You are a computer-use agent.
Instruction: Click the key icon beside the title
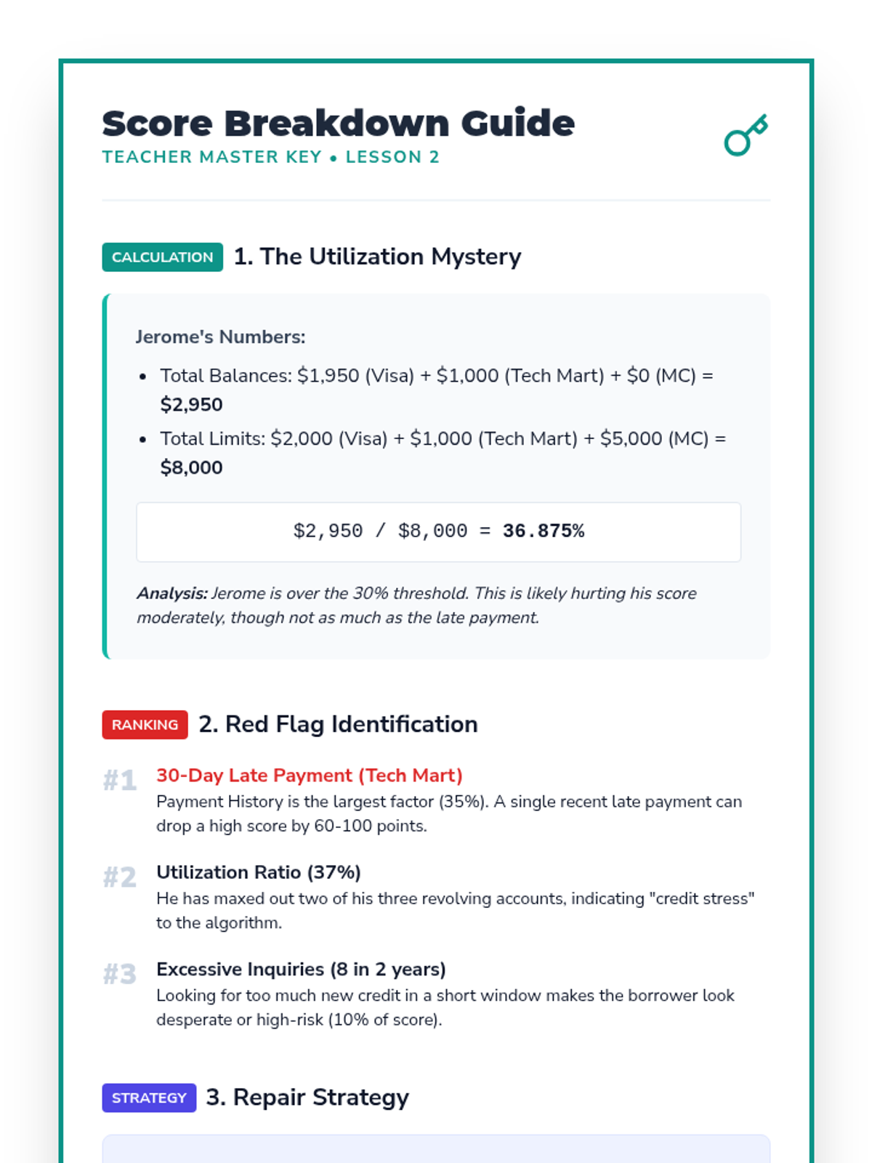click(746, 135)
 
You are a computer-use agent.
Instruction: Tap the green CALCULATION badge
click(162, 257)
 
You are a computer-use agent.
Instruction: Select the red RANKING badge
click(145, 725)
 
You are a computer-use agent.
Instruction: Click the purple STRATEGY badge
click(149, 1098)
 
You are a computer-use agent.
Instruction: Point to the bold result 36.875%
click(543, 531)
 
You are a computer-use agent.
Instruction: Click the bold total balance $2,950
click(191, 405)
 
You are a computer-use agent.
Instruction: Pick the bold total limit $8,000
click(191, 467)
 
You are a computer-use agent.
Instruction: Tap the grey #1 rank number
click(120, 781)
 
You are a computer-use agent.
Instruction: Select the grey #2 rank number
click(120, 877)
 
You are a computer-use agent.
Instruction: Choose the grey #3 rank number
click(120, 974)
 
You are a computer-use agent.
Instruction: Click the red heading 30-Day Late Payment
click(309, 776)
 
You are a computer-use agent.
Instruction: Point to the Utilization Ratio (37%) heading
click(258, 872)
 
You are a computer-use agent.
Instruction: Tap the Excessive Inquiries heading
click(301, 970)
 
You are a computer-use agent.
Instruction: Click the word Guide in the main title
click(517, 124)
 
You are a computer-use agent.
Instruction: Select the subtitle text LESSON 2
click(392, 157)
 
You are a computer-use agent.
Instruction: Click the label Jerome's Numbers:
click(220, 337)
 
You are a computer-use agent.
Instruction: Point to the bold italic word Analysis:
click(172, 594)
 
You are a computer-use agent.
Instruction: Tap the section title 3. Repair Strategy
click(307, 1098)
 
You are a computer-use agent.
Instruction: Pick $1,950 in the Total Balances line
click(328, 376)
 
